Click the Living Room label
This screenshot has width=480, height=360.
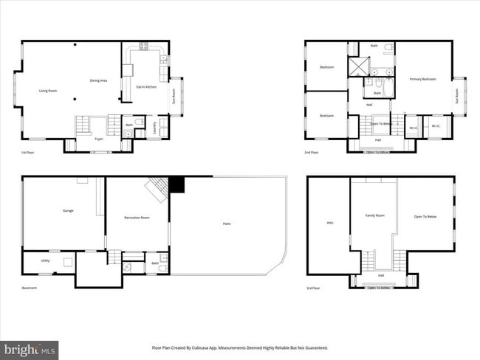(x=48, y=91)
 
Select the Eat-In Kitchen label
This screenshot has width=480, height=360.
(x=146, y=87)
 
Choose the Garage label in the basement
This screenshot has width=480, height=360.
(x=68, y=211)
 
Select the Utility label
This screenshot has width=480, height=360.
(x=45, y=261)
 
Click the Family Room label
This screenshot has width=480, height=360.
(x=375, y=215)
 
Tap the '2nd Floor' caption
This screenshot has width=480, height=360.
(x=312, y=152)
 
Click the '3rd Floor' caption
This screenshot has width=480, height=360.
(x=314, y=288)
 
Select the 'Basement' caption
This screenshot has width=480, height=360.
(x=29, y=288)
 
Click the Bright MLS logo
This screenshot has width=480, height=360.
(x=30, y=348)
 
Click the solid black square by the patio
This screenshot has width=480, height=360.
(x=176, y=184)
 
